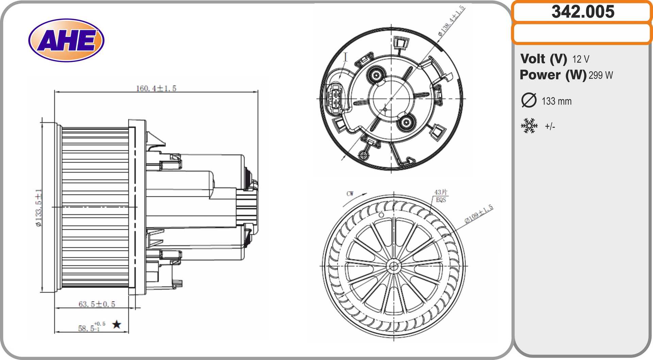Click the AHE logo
(66, 40)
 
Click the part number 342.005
(583, 12)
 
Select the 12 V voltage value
(581, 59)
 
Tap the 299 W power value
(601, 75)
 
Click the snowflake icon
(529, 126)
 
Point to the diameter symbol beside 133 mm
(529, 100)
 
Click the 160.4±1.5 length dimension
(156, 88)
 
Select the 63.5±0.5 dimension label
(97, 304)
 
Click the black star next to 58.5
(117, 324)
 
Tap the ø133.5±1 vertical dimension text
(39, 208)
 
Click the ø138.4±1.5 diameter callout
(451, 21)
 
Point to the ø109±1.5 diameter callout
(479, 214)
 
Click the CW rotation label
(350, 194)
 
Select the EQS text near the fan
(441, 200)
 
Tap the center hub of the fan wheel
(394, 266)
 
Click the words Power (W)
(553, 75)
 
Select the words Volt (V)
(543, 59)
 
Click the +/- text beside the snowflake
(550, 127)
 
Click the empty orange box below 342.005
(582, 33)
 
